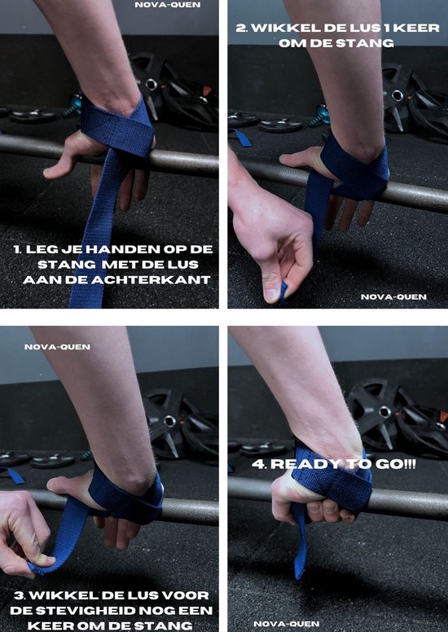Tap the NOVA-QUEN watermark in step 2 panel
click(x=393, y=296)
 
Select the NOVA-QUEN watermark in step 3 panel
click(x=57, y=346)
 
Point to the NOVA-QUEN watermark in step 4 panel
click(x=286, y=623)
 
